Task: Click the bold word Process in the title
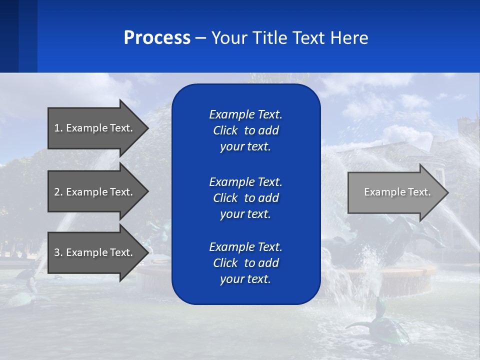pyautogui.click(x=157, y=38)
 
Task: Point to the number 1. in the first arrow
pyautogui.click(x=58, y=128)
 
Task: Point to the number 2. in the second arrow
pyautogui.click(x=58, y=192)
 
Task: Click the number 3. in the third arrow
pyautogui.click(x=58, y=252)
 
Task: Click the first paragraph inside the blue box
pyautogui.click(x=245, y=130)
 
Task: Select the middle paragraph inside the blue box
pyautogui.click(x=245, y=198)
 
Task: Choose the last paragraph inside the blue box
pyautogui.click(x=245, y=263)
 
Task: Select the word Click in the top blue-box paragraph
pyautogui.click(x=225, y=130)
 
